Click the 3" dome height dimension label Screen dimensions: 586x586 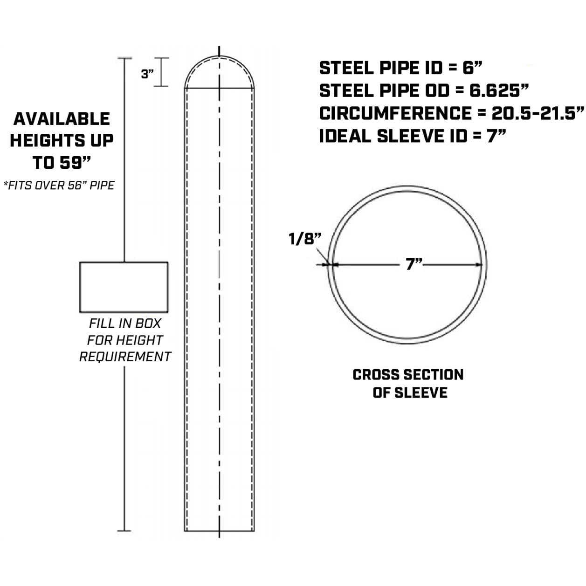[x=147, y=74]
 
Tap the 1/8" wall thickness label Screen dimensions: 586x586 [x=305, y=239]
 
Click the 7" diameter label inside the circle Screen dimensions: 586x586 [x=412, y=265]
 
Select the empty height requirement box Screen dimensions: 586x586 [x=124, y=287]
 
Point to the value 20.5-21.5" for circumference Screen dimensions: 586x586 [x=538, y=114]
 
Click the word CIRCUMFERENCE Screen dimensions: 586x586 [x=395, y=114]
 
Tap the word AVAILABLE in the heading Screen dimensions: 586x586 [x=62, y=119]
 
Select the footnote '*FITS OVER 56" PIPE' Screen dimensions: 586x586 [x=59, y=186]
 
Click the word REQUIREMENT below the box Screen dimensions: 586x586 [x=125, y=357]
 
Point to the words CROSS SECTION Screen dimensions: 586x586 [x=408, y=375]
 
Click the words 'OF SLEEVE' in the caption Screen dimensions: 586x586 [x=410, y=393]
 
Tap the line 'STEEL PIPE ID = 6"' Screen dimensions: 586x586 [x=400, y=68]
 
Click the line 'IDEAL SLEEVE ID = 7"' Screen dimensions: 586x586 [x=413, y=136]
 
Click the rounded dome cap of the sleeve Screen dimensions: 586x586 [x=219, y=70]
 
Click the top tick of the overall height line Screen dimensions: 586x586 [x=124, y=58]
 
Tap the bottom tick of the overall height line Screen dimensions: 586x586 [x=124, y=531]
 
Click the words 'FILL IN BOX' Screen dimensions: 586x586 [x=125, y=323]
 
